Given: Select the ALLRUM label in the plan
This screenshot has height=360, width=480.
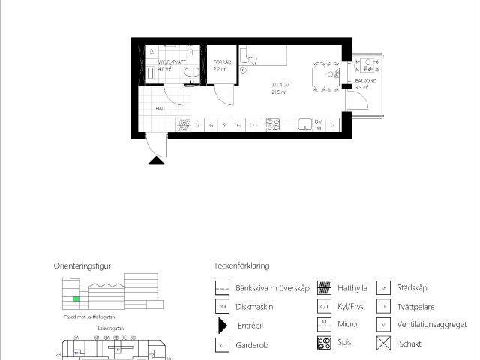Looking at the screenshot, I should [x=280, y=85].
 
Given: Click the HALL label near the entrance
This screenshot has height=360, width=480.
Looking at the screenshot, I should [x=160, y=108].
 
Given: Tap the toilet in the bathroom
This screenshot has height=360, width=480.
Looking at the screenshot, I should [x=191, y=73].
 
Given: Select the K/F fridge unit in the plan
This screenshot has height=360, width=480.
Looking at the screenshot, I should [x=253, y=125].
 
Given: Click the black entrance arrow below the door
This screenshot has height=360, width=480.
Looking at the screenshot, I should [x=156, y=159].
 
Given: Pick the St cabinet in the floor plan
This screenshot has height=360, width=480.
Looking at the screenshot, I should [x=225, y=125].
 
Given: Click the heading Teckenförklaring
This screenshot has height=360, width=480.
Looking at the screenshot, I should [x=241, y=265].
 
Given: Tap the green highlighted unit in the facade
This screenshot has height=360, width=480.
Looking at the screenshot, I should [x=75, y=299].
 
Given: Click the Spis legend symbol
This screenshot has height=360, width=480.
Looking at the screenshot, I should [x=324, y=343].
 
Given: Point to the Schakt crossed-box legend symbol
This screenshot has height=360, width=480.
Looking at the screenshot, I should [x=384, y=343].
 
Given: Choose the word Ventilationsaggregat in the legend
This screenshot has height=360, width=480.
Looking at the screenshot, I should [x=431, y=325].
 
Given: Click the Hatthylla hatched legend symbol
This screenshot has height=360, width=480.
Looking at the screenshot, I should [x=324, y=286].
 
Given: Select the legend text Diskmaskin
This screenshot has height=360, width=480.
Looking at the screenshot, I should [x=254, y=307].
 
